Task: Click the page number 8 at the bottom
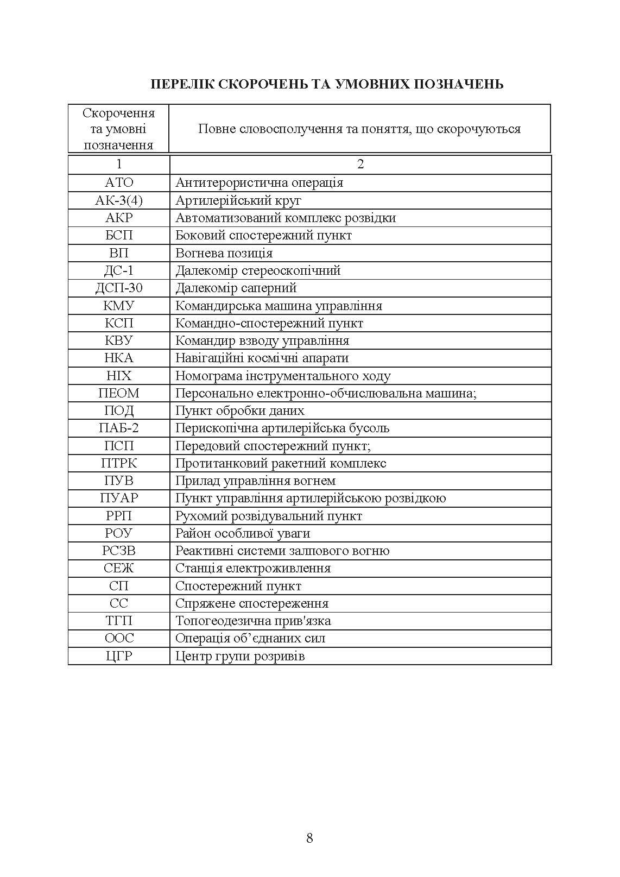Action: pos(309,838)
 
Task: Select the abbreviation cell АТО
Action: pos(119,182)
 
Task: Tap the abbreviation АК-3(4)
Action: pos(119,200)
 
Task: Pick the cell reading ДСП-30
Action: pos(119,288)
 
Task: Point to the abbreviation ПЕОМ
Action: pos(119,393)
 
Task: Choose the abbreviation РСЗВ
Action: pos(119,551)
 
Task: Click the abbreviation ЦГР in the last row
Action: pos(119,656)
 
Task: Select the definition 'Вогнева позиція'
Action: pos(224,253)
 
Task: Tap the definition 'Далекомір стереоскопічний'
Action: pos(258,270)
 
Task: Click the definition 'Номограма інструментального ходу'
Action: pos(283,376)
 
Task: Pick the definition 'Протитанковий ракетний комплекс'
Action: pos(281,463)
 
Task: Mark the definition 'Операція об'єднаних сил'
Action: pos(250,638)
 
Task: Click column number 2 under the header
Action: pos(360,164)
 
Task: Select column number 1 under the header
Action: pos(119,164)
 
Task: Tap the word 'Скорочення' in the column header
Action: pos(119,113)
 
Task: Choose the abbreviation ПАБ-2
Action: pos(119,428)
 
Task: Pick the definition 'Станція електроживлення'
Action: pos(253,568)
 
